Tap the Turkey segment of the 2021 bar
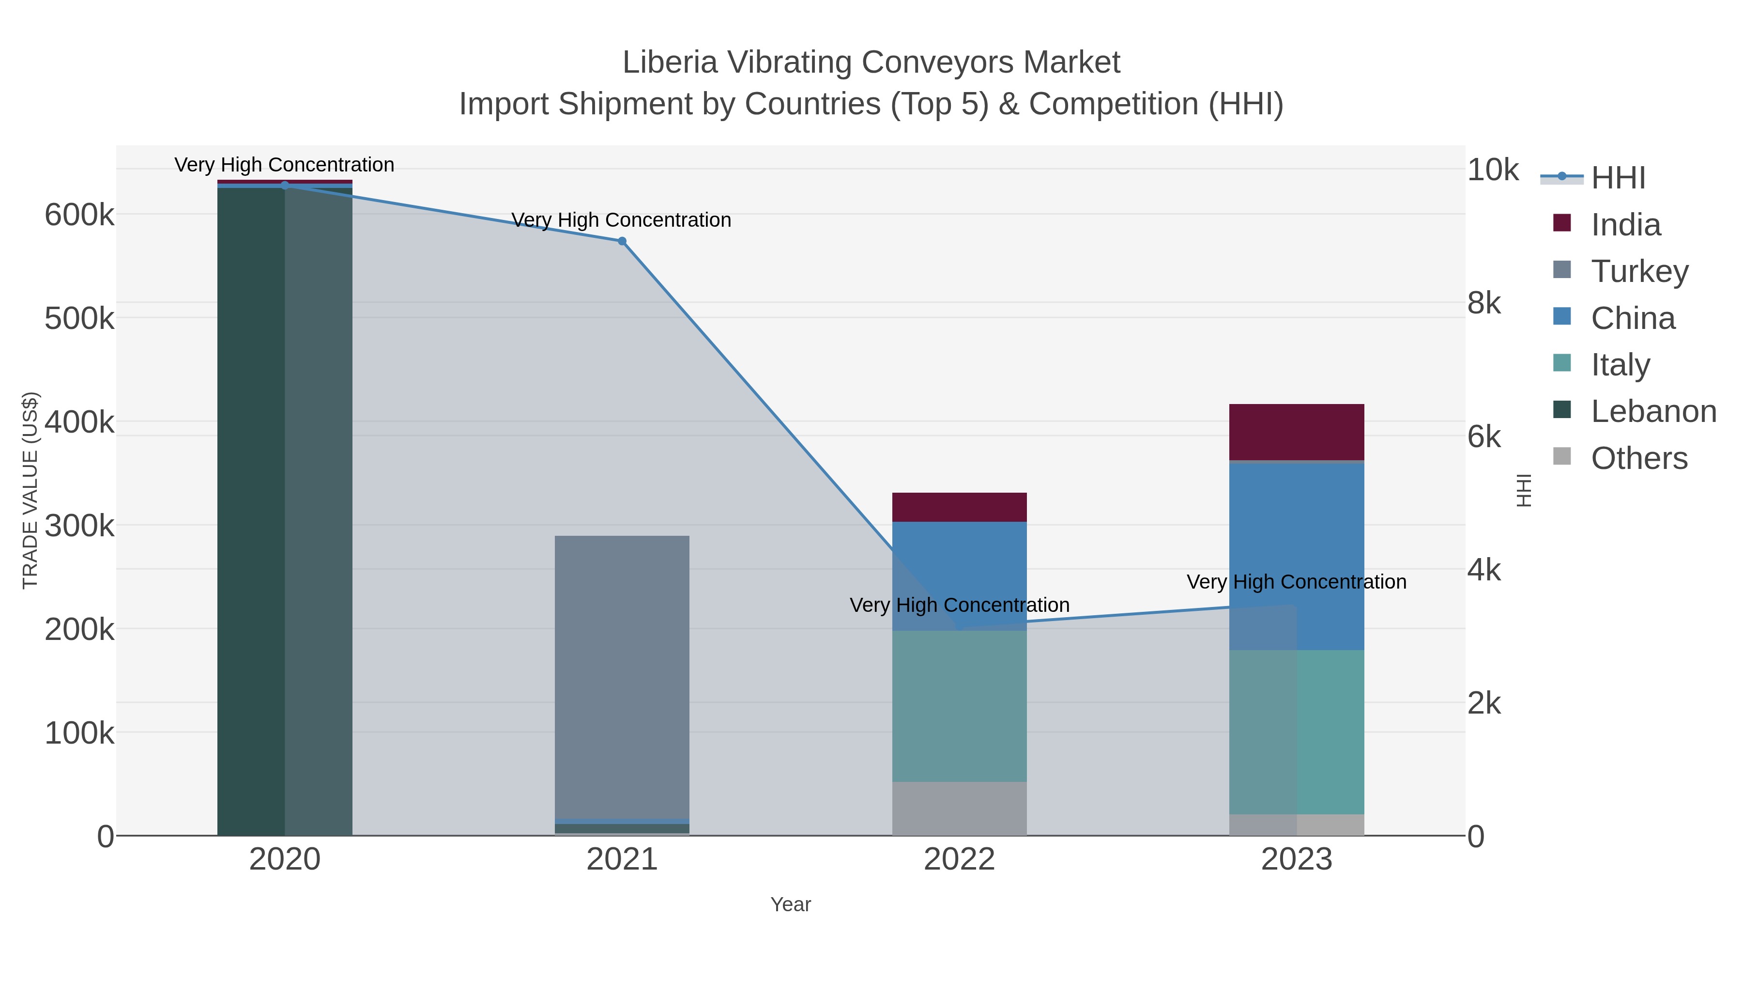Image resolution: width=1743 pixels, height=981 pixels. tap(621, 677)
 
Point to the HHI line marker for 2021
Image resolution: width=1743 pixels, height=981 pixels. tap(622, 241)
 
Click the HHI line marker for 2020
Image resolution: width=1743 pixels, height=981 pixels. tap(284, 186)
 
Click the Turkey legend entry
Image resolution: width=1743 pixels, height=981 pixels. tap(1639, 271)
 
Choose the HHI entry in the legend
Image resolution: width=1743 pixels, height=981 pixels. tap(1617, 178)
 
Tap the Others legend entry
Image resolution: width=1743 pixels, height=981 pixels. tap(1638, 458)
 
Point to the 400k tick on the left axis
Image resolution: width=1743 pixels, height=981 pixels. tap(79, 422)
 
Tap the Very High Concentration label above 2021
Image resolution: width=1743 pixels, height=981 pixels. tap(621, 220)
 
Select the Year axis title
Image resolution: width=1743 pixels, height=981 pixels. tap(790, 904)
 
